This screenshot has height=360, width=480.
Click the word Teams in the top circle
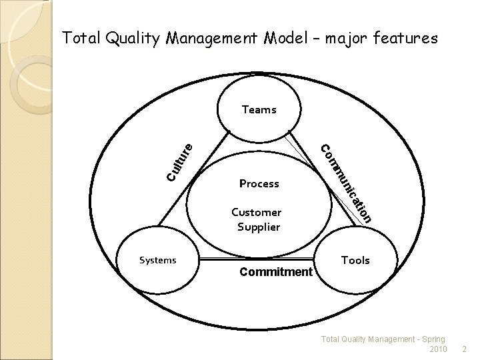[x=259, y=110]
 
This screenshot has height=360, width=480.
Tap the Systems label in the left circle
[x=157, y=260]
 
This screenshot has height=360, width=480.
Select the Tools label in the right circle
[x=355, y=260]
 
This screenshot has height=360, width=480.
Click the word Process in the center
[x=259, y=183]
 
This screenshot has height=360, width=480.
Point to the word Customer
[x=256, y=213]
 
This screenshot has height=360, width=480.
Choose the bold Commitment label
[x=276, y=272]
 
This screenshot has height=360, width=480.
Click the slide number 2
[x=465, y=349]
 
